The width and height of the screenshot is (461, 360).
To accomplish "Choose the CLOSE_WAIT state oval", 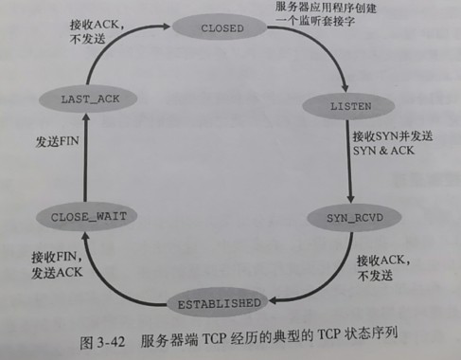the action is [x=81, y=217].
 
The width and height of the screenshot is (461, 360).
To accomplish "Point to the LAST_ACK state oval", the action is [x=85, y=99].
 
